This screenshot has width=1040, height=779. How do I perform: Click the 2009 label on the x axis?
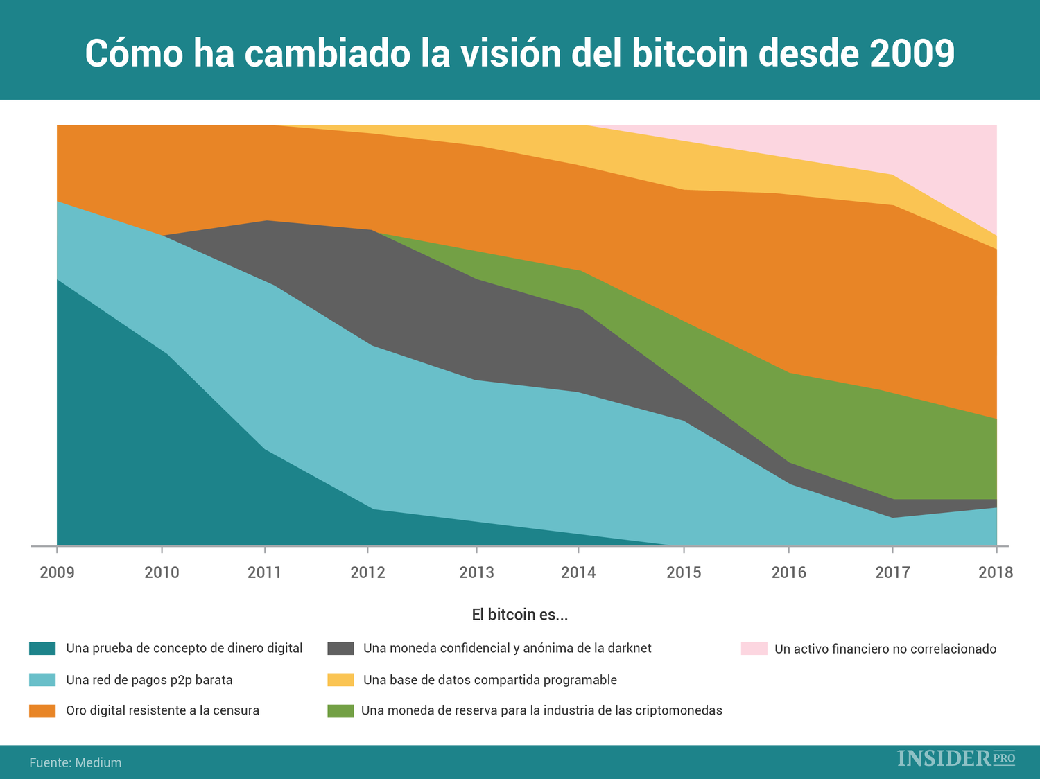click(57, 572)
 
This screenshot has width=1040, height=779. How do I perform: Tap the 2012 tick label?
click(367, 572)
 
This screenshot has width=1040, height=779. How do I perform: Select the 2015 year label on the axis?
click(684, 572)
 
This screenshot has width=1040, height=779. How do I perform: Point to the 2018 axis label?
click(996, 572)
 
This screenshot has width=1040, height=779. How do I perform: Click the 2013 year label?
click(476, 572)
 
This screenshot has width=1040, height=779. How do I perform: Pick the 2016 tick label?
click(789, 572)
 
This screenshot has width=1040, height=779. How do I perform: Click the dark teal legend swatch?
click(42, 649)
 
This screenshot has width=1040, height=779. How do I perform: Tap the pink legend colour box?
click(754, 649)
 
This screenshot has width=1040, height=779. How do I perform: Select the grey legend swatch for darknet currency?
click(340, 649)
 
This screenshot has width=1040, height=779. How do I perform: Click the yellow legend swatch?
click(340, 680)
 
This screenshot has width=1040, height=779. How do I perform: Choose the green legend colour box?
click(340, 710)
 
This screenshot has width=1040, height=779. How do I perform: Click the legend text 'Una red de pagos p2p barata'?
click(149, 680)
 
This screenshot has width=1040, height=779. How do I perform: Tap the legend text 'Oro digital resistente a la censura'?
click(162, 710)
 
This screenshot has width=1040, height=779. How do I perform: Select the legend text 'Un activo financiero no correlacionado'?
click(885, 649)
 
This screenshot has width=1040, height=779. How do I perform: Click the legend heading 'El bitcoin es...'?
click(519, 615)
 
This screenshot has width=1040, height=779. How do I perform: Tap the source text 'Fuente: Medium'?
click(75, 762)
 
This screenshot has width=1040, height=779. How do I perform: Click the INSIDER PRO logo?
click(956, 758)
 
